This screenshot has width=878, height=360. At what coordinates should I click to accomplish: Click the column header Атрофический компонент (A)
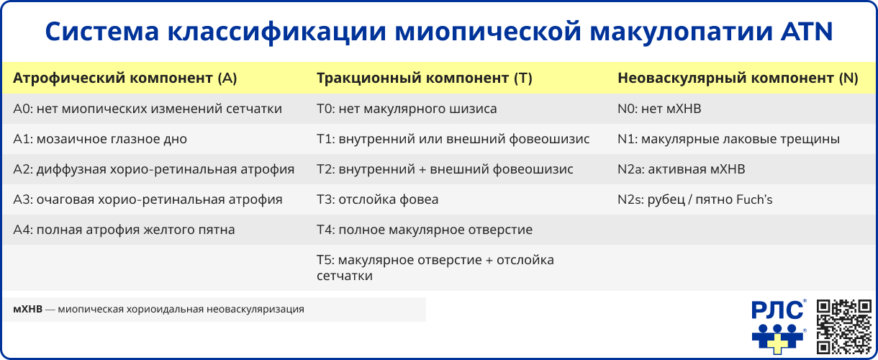coord(125,78)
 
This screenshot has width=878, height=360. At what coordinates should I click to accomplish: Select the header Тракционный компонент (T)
coord(424,78)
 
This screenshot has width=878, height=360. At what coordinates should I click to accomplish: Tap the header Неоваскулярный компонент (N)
coord(738,78)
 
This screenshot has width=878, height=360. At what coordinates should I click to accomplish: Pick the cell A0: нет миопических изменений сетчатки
coord(148,109)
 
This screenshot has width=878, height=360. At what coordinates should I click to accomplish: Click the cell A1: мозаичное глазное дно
coord(100,139)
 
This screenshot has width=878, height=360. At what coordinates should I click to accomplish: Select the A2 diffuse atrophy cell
coord(153,169)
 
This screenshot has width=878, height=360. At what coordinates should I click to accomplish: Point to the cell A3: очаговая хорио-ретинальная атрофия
coord(148,199)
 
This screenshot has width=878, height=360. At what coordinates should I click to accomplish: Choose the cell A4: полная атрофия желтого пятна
coord(124,230)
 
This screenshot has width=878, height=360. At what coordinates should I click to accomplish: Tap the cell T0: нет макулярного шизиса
coord(407,109)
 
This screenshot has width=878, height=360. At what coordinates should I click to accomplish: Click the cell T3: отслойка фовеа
coord(377,199)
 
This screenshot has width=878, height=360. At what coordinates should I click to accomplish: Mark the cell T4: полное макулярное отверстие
coord(425,230)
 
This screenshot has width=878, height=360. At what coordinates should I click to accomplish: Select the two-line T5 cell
coord(435,267)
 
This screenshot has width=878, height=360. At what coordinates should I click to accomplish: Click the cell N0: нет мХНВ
coord(658,109)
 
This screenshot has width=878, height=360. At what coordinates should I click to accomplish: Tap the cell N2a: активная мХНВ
coord(681,169)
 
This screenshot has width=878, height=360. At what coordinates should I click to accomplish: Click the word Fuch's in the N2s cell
coord(753,199)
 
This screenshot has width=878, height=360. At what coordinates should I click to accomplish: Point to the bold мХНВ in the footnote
coord(27,310)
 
